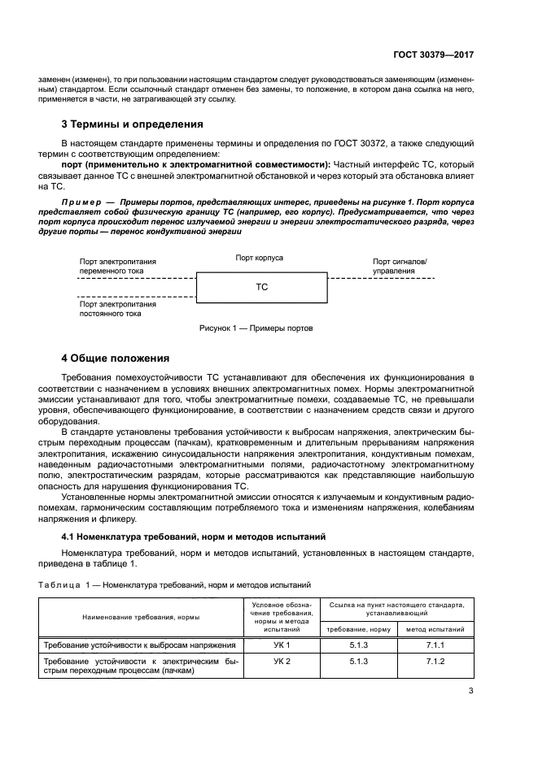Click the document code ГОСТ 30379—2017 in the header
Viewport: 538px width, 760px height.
pos(431,54)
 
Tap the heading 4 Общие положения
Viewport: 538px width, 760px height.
pos(116,358)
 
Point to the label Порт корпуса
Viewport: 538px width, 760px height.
pos(259,257)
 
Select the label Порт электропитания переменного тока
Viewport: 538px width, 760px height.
pos(118,267)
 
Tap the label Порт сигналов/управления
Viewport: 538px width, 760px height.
pos(400,266)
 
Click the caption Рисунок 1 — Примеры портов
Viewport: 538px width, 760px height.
pos(256,328)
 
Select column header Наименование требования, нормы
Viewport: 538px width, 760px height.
pos(141,618)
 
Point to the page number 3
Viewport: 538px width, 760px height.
pos(470,691)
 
